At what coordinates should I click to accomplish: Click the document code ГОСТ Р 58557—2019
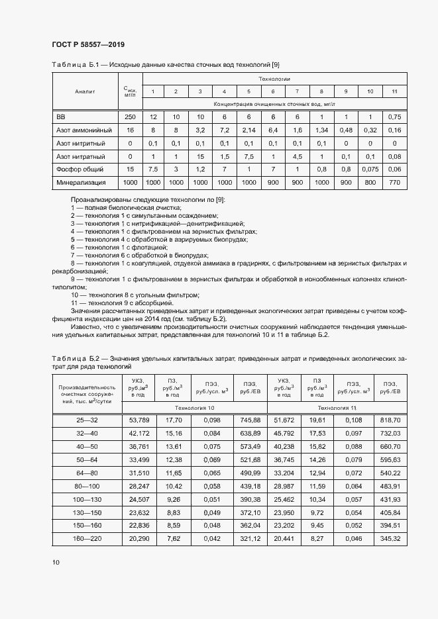[87, 44]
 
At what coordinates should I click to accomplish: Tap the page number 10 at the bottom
[56, 562]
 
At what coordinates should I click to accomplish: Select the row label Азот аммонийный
[84, 130]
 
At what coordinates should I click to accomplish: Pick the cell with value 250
[130, 117]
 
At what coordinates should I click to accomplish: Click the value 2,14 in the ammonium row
[248, 130]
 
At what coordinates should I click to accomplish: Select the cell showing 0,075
[370, 169]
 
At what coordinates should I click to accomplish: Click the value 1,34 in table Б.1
[321, 130]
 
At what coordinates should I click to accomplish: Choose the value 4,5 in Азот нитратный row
[297, 156]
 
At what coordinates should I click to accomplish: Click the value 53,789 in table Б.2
[139, 420]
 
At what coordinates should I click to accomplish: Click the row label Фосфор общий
[80, 169]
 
